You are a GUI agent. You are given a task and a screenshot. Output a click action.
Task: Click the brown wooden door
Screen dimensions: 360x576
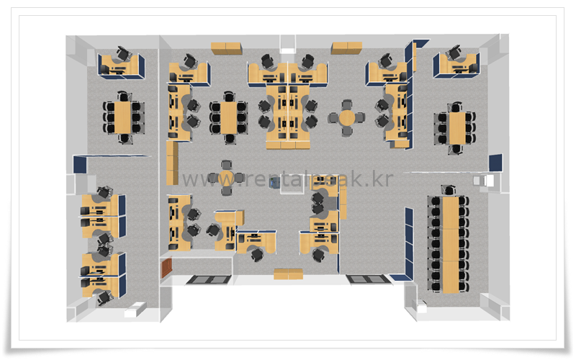[x=168, y=268]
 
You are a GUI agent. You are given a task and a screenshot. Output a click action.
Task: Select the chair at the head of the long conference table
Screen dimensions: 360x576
[x=450, y=190]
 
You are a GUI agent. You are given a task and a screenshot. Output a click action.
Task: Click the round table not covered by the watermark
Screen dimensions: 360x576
[x=347, y=117]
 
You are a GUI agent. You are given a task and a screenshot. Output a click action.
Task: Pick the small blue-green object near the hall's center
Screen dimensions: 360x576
[x=274, y=183]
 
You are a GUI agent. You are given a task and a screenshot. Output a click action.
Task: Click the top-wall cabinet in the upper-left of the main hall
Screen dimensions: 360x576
[x=227, y=48]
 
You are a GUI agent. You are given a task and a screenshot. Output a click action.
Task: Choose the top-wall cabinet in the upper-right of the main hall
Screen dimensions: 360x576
[x=346, y=48]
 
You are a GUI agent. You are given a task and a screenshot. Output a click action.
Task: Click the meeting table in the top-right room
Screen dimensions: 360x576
[x=456, y=127]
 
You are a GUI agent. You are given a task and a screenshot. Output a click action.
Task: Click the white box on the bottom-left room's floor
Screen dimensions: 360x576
[x=133, y=312]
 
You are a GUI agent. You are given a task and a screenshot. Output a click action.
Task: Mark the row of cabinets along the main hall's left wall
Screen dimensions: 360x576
[x=172, y=163]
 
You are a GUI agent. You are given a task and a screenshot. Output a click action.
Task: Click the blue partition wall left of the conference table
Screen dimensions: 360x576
[x=409, y=245]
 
